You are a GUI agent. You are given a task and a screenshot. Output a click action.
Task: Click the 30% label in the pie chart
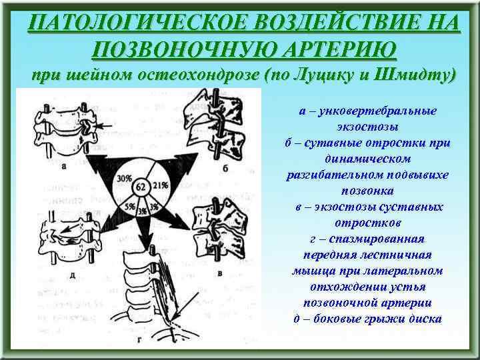click(x=123, y=179)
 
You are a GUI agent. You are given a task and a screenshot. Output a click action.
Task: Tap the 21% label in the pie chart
click(x=160, y=185)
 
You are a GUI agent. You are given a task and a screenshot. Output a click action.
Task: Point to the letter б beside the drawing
click(x=226, y=168)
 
